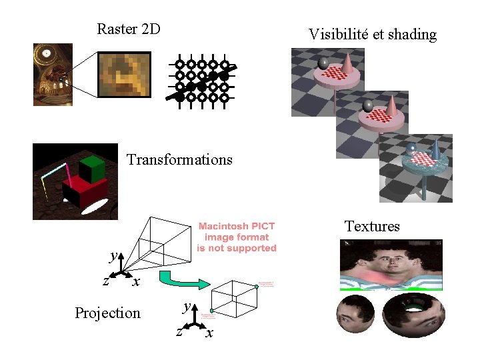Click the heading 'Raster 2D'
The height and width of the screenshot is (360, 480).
(129, 29)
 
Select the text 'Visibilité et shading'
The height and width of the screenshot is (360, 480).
(372, 34)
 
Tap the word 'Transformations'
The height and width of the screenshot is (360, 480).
(179, 159)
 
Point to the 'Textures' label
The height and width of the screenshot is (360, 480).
(372, 226)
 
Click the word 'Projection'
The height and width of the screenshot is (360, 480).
(107, 313)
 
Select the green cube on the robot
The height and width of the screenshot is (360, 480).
(92, 169)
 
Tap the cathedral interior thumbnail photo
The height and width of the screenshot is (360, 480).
(53, 75)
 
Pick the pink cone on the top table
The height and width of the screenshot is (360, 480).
(348, 64)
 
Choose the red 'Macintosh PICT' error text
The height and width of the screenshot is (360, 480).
(237, 237)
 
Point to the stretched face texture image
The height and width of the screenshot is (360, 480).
(391, 265)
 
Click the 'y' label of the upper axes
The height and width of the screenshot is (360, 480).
(114, 255)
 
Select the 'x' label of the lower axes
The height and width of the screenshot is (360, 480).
(209, 333)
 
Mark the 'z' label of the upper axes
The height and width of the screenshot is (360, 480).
(105, 281)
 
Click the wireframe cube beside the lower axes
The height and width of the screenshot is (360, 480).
(234, 297)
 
